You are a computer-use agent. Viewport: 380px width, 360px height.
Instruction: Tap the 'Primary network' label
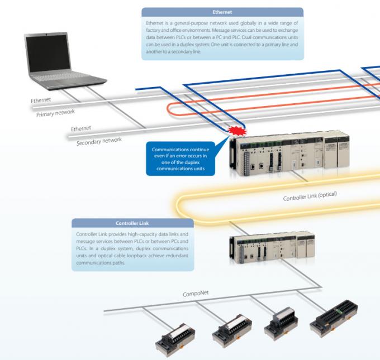55,112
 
